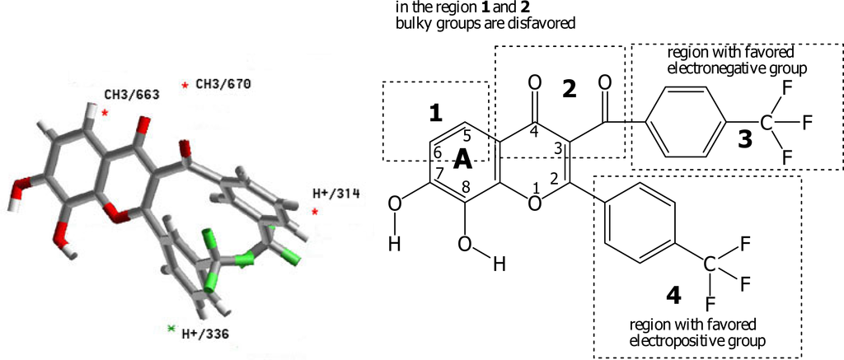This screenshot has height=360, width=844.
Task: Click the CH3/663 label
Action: coord(131,95)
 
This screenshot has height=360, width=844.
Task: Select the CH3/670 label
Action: coord(223,83)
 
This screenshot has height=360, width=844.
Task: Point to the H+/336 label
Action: coord(204,334)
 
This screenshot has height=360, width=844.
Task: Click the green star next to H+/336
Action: coord(171,328)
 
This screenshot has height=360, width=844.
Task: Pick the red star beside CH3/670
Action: coord(185,85)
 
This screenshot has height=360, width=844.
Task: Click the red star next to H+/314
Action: coord(315,212)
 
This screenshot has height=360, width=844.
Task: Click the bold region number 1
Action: coord(437,115)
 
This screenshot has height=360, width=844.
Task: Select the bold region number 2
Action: coord(569,90)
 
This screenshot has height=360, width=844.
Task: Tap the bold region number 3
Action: coord(745,139)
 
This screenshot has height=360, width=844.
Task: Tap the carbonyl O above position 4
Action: coord(535,82)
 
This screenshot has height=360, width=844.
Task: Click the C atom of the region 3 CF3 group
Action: coord(767,124)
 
